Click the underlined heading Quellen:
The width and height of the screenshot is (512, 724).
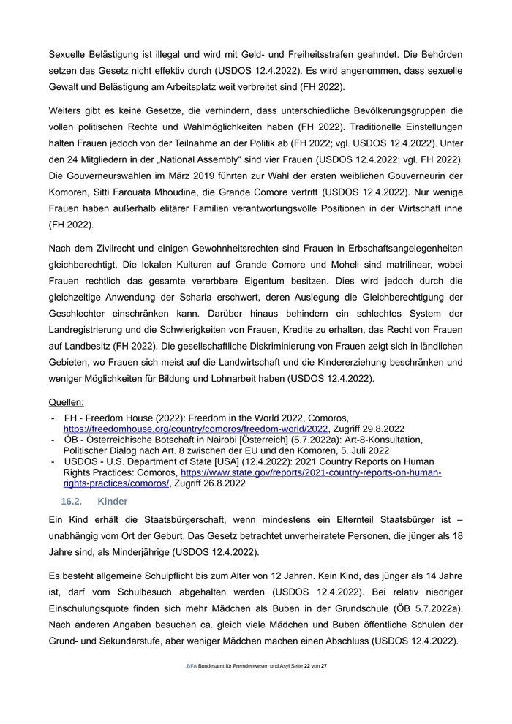pyautogui.click(x=66, y=401)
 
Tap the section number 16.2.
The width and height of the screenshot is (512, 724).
pyautogui.click(x=72, y=502)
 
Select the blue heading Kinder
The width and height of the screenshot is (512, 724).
pyautogui.click(x=112, y=502)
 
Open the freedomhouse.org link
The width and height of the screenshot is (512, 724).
pyautogui.click(x=196, y=429)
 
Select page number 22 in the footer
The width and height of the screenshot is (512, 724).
pyautogui.click(x=308, y=666)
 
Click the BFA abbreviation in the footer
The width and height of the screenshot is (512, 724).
pyautogui.click(x=192, y=666)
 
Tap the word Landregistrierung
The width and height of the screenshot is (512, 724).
pyautogui.click(x=92, y=330)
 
